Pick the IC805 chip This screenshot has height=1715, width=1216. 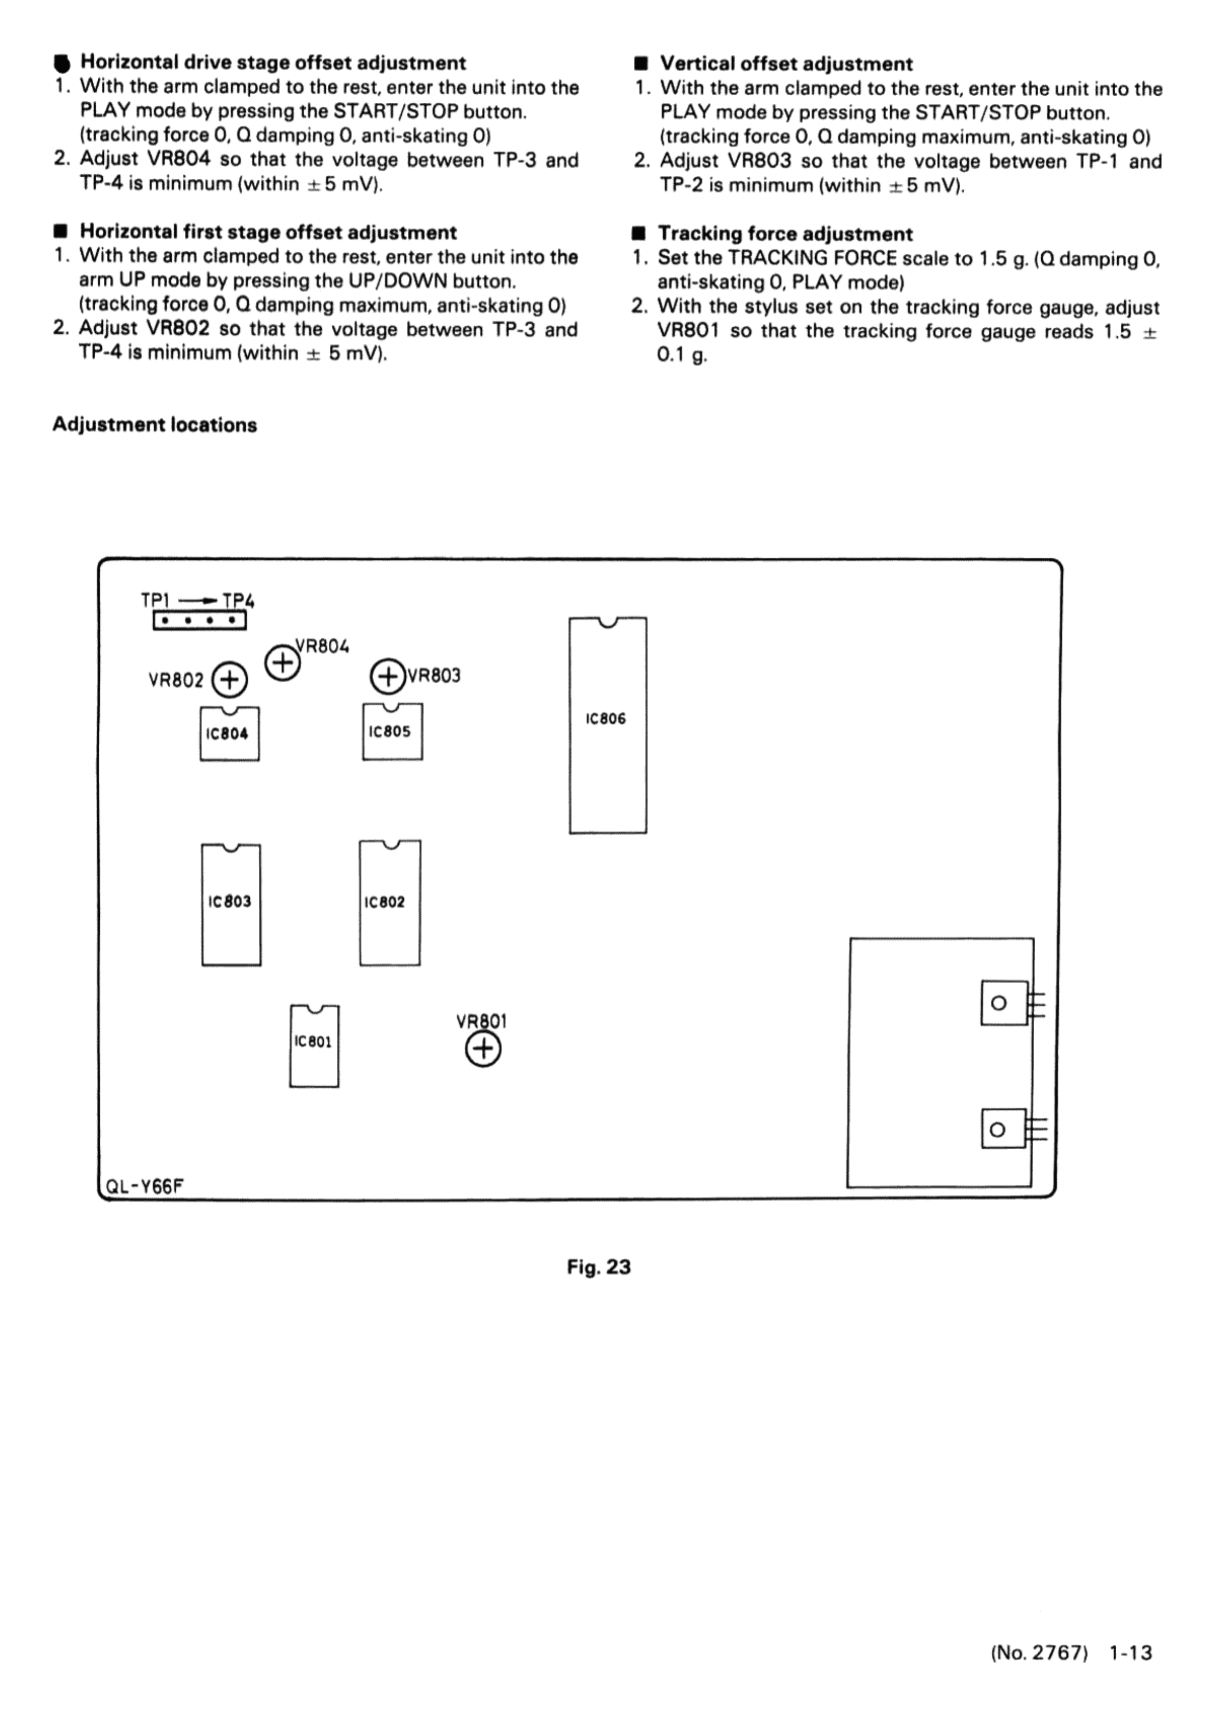pyautogui.click(x=392, y=731)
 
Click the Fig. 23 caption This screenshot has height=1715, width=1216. pyautogui.click(x=598, y=1267)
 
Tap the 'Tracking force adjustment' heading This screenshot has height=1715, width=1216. pyautogui.click(x=785, y=235)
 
